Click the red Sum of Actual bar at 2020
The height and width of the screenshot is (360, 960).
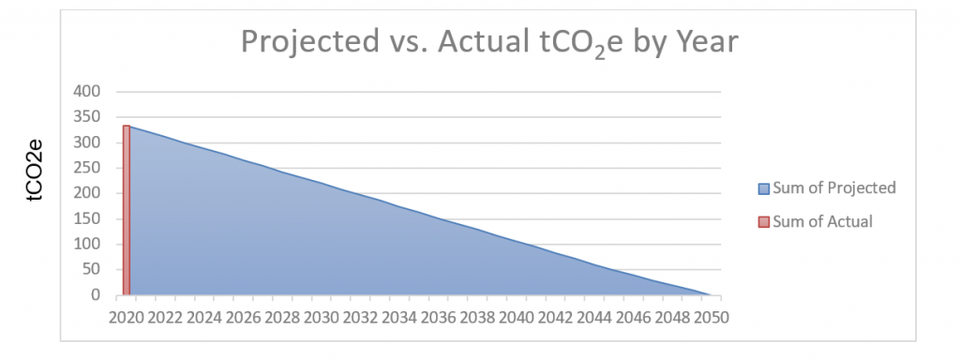126,210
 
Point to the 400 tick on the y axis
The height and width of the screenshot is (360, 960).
88,92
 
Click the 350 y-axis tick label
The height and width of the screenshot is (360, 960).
88,117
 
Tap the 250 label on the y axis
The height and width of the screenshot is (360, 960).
88,168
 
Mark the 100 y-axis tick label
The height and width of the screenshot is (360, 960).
88,245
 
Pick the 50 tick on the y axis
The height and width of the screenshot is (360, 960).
92,270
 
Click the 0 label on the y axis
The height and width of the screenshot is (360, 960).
96,295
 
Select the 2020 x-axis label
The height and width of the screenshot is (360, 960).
127,316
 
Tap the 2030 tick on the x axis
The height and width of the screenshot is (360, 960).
321,316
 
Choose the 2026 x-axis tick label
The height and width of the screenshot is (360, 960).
243,316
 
